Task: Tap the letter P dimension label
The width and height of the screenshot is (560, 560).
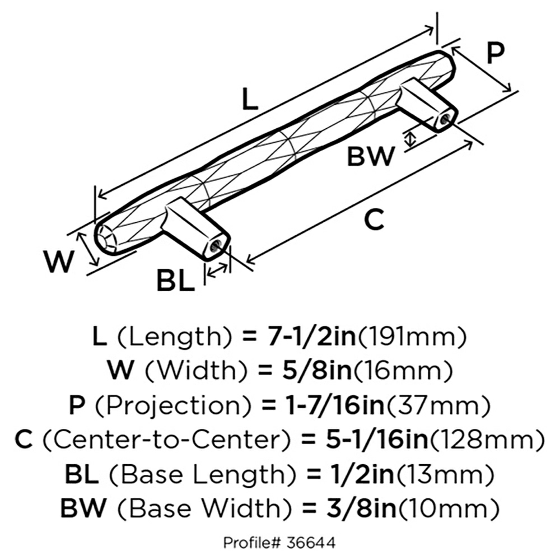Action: point(496,53)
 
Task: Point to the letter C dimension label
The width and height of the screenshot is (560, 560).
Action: point(374,219)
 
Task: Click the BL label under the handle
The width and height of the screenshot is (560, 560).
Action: point(176,281)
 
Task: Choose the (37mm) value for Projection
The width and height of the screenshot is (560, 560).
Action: point(439,405)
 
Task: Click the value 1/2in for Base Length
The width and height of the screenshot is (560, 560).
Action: point(360,474)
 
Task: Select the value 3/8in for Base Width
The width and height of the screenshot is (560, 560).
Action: point(361,508)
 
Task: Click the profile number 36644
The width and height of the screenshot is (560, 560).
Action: point(311,543)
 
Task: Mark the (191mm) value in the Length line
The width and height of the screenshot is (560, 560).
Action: point(412,337)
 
